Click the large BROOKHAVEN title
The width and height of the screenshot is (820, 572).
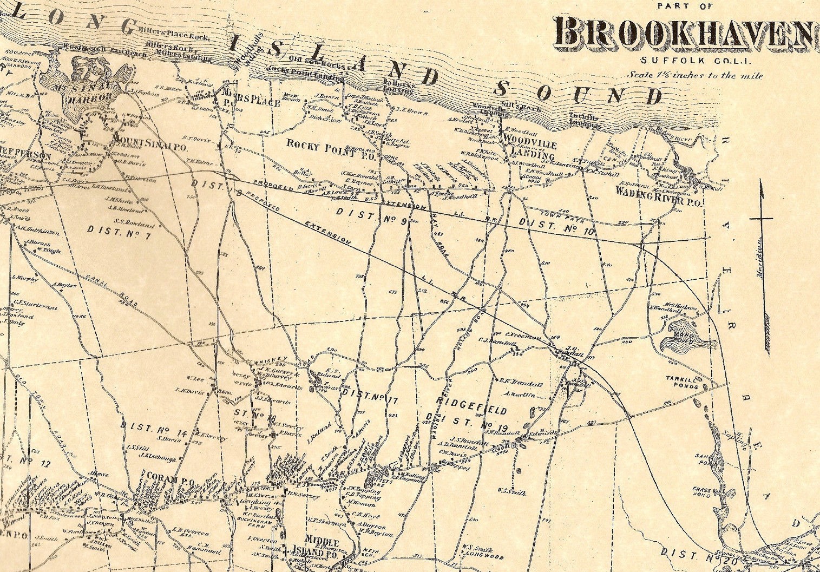pos(685,33)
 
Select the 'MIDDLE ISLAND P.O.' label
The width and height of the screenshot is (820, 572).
pos(322,547)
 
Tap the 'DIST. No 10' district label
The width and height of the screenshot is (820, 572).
pos(556,223)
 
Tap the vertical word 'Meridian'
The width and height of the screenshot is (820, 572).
pos(759,257)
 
